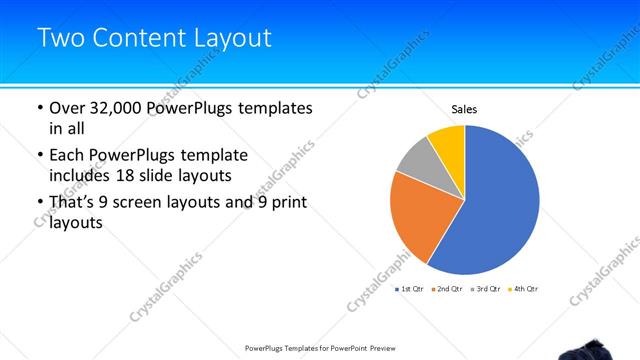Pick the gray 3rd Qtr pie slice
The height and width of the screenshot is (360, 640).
point(414,161)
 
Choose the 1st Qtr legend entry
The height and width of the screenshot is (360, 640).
point(410,288)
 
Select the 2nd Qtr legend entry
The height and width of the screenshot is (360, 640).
point(449,288)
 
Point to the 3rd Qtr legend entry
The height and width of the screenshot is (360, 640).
point(487,288)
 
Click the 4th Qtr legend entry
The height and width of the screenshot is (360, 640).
point(526,288)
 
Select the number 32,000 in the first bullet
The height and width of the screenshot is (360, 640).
point(120,108)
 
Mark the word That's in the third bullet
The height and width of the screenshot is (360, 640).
point(74,203)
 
